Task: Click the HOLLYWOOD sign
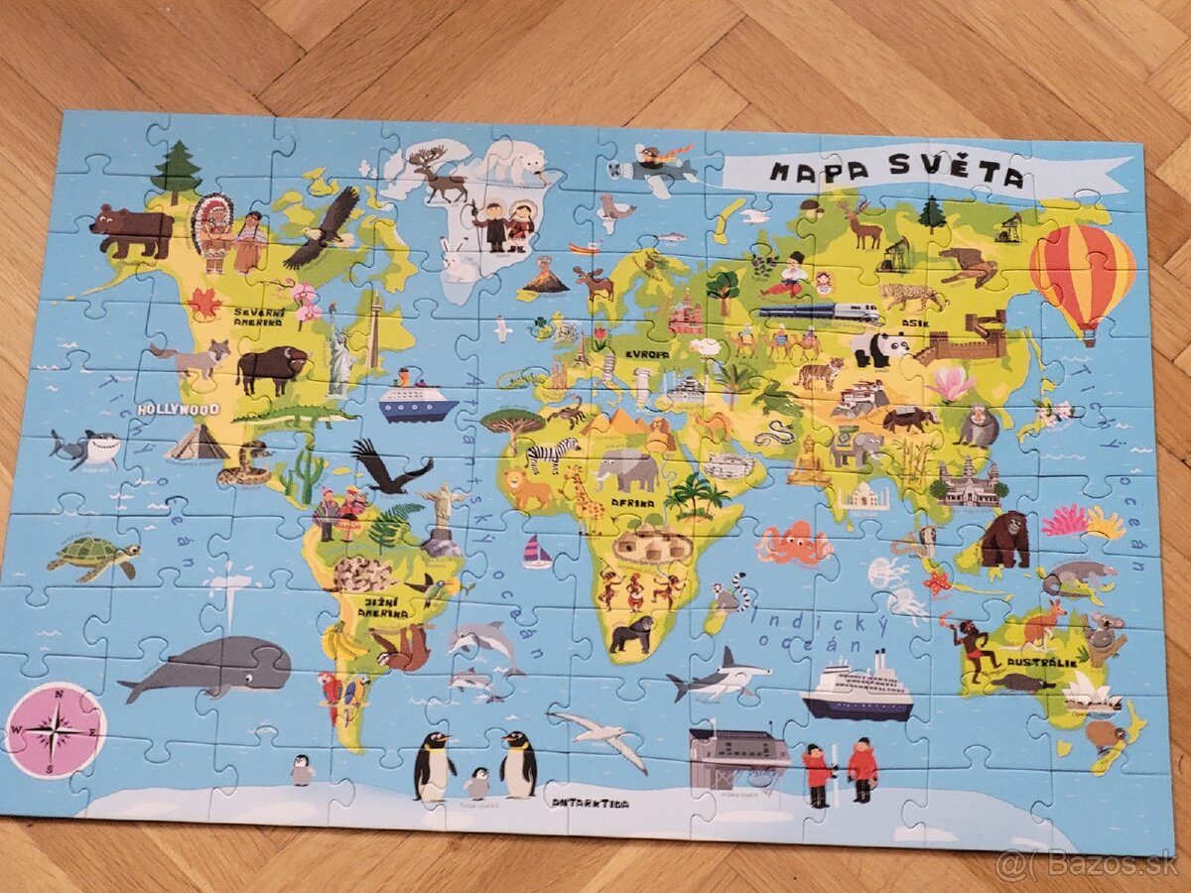[179, 409]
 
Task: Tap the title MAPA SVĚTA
[895, 176]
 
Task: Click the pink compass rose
[55, 730]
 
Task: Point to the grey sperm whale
[208, 668]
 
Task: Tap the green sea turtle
[91, 559]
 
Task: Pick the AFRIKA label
[632, 502]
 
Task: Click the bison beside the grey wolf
[271, 368]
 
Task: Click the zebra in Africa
[552, 453]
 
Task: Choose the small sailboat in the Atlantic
[537, 553]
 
